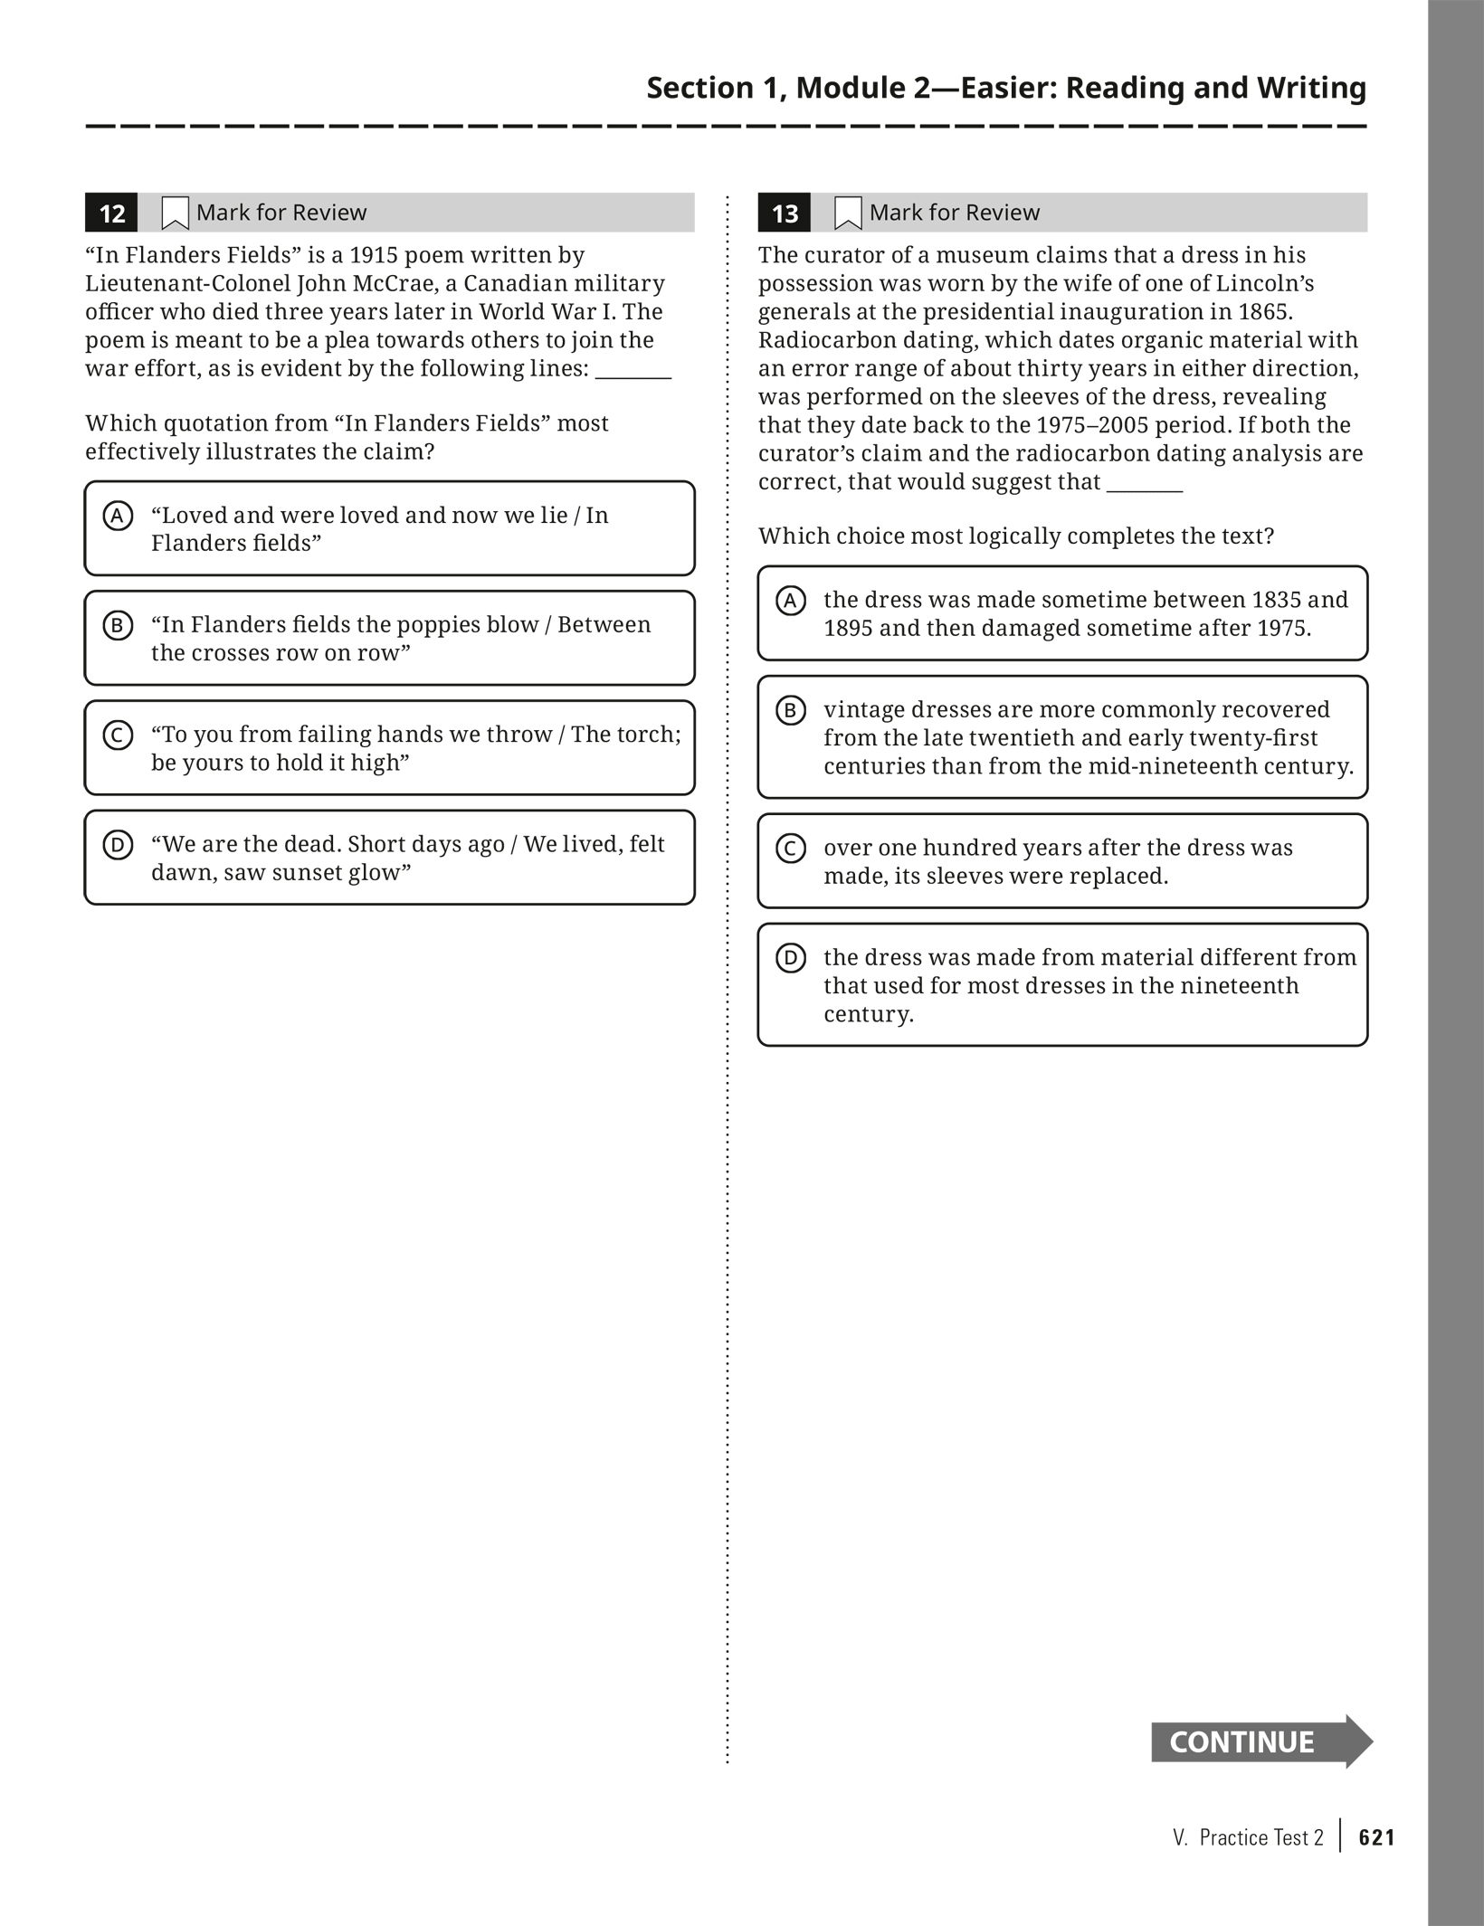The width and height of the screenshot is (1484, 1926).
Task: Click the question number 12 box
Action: tap(111, 213)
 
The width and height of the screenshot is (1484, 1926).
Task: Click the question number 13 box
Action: tap(784, 213)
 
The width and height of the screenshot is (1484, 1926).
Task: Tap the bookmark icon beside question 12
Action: tap(175, 213)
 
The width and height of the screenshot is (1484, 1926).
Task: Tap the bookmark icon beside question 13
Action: tap(847, 213)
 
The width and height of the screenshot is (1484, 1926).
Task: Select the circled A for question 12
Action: tap(118, 516)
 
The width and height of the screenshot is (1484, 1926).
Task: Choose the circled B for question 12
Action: tap(118, 625)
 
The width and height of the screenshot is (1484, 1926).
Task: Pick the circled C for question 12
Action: tap(118, 735)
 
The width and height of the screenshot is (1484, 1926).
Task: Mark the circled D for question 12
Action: tap(118, 845)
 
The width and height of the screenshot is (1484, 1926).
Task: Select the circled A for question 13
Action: tap(791, 600)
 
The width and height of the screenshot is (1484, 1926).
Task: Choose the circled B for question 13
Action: tap(791, 710)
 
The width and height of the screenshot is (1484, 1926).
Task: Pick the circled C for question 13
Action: tap(791, 849)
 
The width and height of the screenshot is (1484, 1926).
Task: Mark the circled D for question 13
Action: tap(791, 958)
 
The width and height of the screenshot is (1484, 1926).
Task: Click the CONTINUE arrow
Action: tap(1260, 1741)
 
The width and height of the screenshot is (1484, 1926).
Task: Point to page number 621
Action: tap(1376, 1837)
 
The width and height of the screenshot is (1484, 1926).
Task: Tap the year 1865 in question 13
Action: tap(1263, 312)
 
